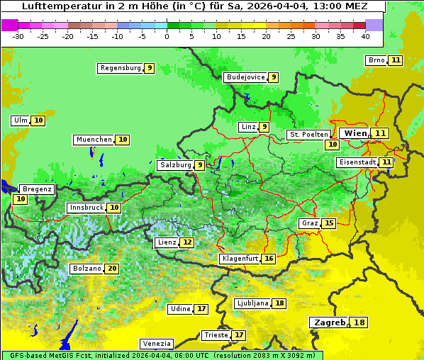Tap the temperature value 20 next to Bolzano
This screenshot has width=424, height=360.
[112, 269]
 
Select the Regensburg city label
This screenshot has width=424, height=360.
[120, 68]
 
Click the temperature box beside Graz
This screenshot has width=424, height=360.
[328, 223]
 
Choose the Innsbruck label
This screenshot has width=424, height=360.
[85, 208]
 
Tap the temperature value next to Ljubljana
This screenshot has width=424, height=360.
[279, 303]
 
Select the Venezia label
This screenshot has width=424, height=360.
[156, 344]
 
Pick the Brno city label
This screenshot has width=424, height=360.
[376, 60]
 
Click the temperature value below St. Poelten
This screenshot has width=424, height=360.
[332, 144]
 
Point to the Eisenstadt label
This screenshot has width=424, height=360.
[357, 162]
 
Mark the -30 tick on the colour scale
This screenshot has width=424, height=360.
[18, 35]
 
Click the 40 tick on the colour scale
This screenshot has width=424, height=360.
[365, 35]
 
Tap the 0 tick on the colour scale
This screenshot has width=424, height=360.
[167, 35]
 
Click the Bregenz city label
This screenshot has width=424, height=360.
[37, 189]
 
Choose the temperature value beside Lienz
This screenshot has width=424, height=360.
[186, 242]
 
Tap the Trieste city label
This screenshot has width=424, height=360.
[215, 335]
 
